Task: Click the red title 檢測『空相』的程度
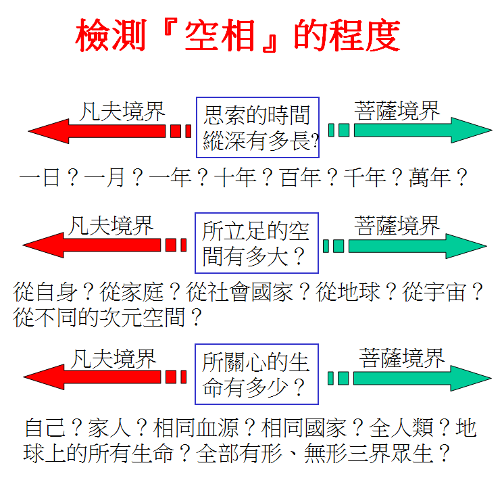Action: coord(238,36)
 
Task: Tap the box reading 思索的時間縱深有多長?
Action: coord(257,127)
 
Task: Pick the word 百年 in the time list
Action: coord(300,178)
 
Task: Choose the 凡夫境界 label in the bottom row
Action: coord(114,358)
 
